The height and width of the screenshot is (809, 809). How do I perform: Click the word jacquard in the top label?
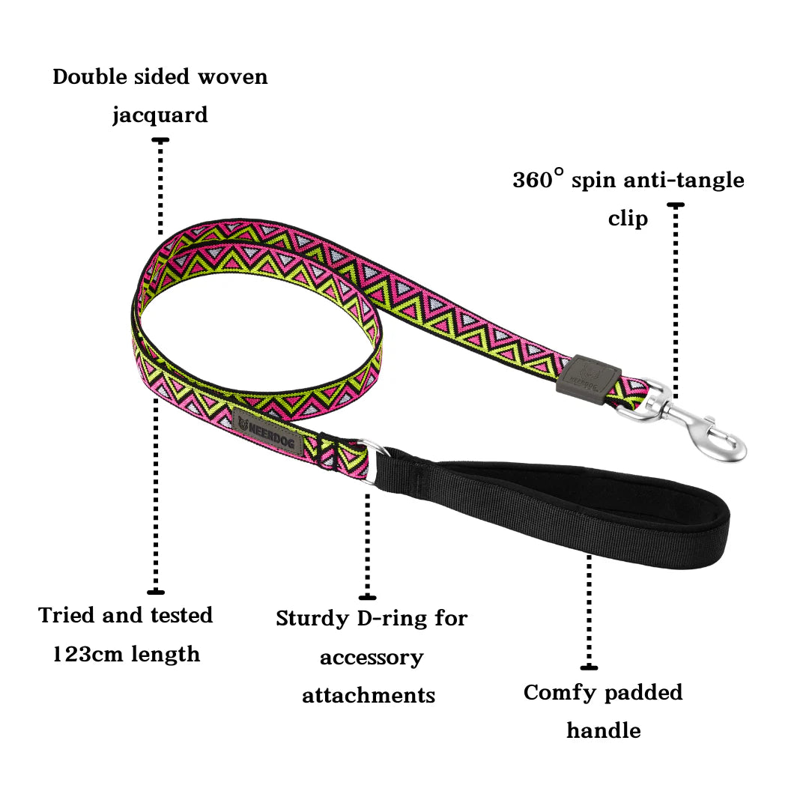[x=160, y=116]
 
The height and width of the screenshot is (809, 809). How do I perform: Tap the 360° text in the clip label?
[x=538, y=180]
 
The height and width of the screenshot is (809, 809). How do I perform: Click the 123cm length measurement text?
[x=126, y=654]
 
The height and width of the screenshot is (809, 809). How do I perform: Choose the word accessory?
[x=372, y=658]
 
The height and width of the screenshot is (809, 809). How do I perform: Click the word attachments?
[x=369, y=695]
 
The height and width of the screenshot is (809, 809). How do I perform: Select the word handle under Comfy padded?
[x=603, y=730]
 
